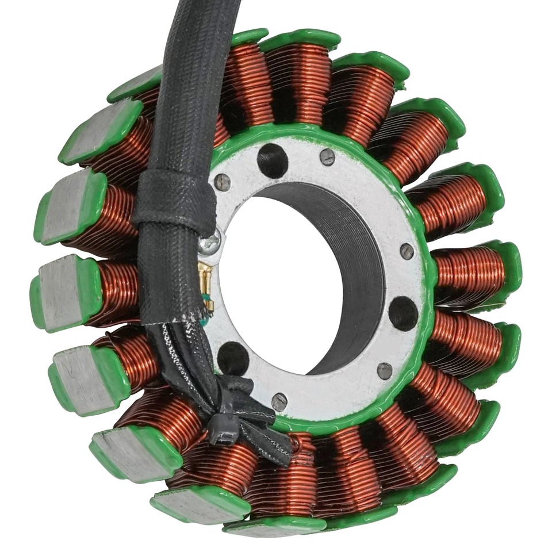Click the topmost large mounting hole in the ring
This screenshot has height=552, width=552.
coord(272,160)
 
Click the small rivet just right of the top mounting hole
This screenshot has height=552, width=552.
coord(327,156)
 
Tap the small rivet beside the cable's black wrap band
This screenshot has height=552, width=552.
coord(222,182)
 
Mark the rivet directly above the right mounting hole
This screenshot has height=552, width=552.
coord(407,251)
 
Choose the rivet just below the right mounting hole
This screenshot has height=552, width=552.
coord(385,370)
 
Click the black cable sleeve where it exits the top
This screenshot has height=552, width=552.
coord(201,23)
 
